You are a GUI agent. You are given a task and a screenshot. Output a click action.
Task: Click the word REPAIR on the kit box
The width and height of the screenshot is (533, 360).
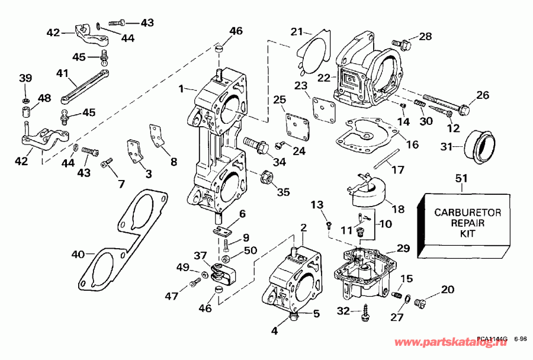coord(460,223)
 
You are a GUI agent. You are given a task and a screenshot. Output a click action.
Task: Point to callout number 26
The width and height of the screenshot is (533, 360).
coord(483,95)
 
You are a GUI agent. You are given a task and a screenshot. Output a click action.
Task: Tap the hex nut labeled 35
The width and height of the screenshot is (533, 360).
coord(267,176)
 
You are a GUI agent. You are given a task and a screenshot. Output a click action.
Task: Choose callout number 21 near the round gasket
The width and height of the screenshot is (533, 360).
coord(297,31)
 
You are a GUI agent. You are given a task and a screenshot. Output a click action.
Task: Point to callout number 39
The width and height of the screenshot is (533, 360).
coord(25,79)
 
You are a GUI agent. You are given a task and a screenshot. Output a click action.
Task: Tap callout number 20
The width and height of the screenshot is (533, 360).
coord(447,290)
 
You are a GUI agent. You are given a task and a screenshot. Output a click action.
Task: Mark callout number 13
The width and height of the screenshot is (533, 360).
coord(319,204)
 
